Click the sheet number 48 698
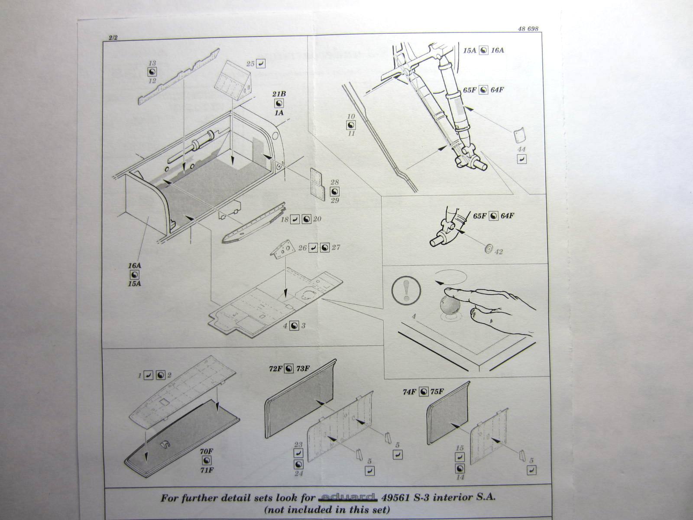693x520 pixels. (528, 29)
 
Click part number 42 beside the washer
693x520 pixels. (499, 251)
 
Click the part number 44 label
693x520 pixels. (521, 149)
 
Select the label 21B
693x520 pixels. (279, 94)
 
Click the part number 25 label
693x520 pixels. (250, 64)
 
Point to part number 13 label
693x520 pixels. (152, 63)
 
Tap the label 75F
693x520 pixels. (437, 392)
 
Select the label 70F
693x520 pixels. (207, 451)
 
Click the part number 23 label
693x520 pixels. (298, 444)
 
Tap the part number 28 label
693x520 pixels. (334, 182)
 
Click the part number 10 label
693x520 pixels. (351, 116)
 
